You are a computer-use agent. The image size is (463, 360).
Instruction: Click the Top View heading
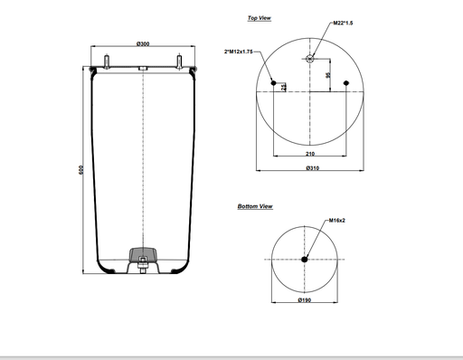[260, 18]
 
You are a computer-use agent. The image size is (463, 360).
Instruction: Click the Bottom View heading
[255, 206]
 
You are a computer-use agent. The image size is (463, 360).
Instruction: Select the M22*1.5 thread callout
[343, 23]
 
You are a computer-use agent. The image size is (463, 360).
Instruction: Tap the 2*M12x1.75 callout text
[238, 52]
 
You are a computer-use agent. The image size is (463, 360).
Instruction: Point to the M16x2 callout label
[336, 221]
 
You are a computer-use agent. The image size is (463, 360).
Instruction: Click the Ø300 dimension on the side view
[143, 44]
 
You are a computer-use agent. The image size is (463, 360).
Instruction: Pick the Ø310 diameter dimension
[313, 168]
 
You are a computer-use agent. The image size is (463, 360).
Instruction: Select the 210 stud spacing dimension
[310, 154]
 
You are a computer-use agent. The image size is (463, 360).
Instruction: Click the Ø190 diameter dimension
[305, 300]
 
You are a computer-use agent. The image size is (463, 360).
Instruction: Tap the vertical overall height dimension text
[80, 170]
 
